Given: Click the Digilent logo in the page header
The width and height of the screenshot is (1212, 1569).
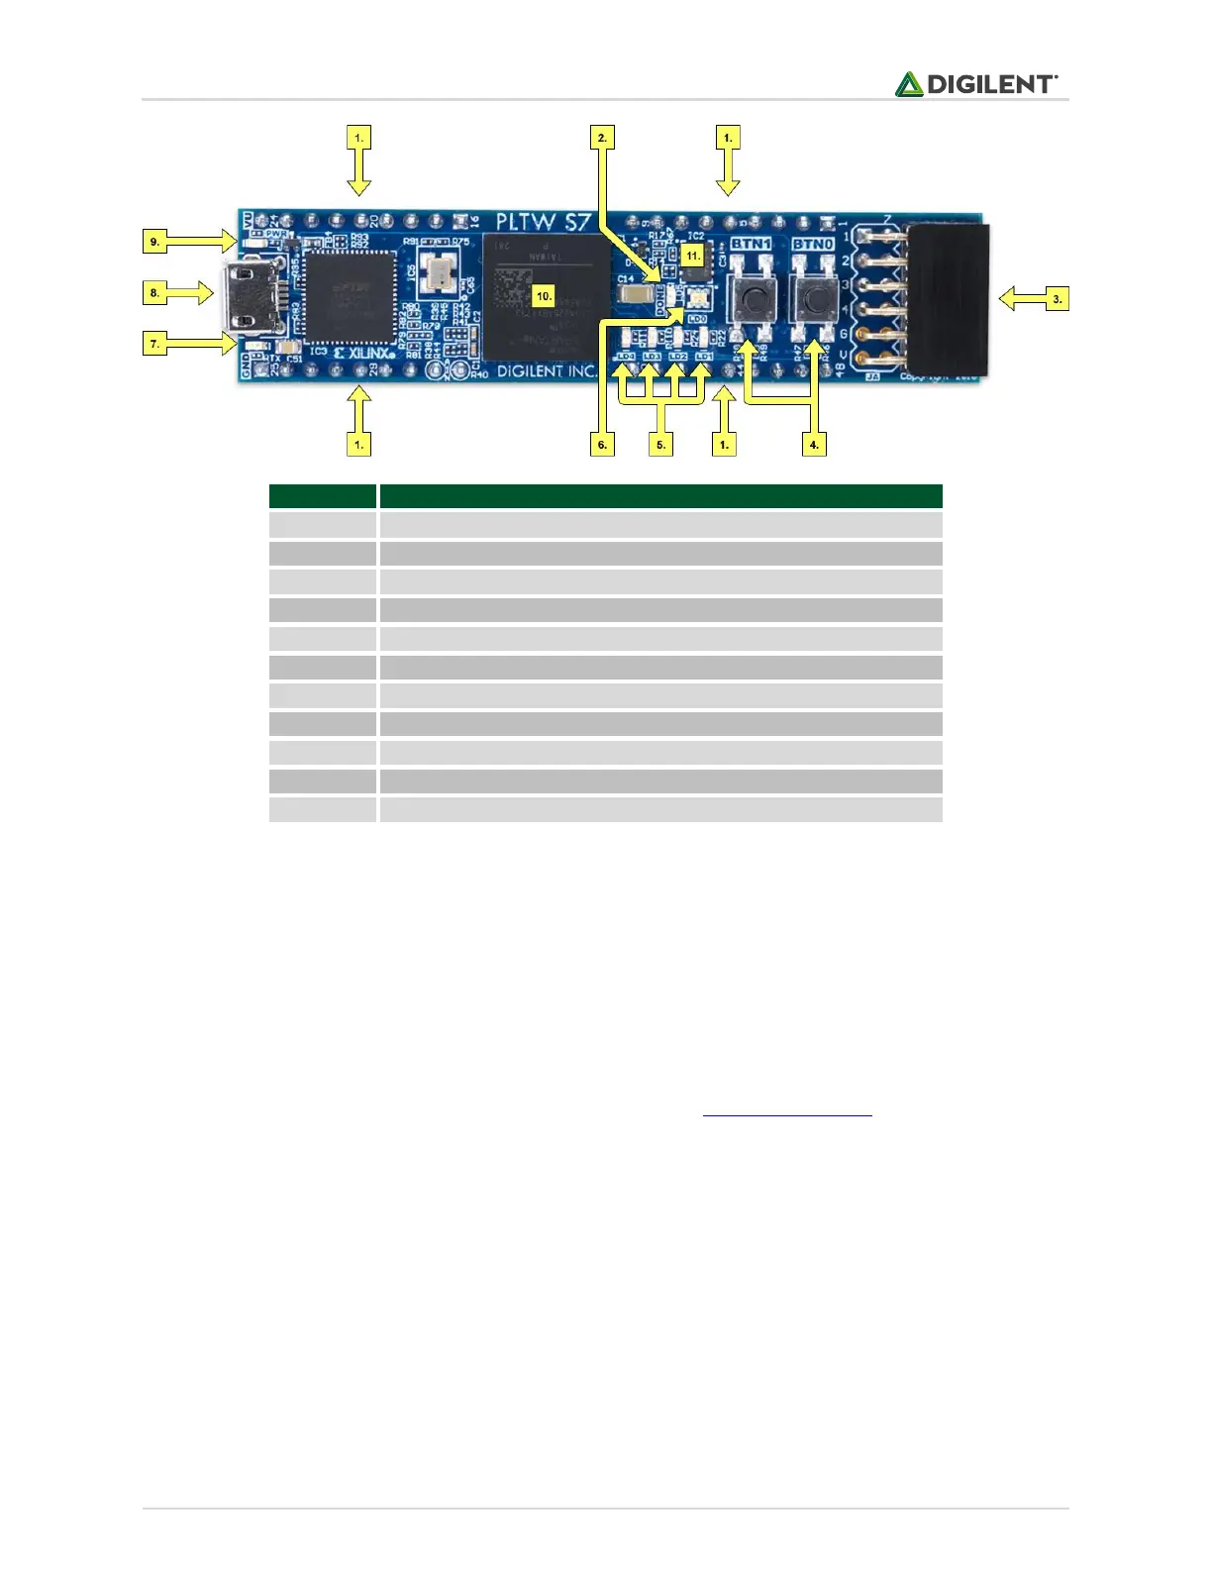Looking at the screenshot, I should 976,84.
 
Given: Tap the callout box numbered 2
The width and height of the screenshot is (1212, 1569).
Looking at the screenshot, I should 602,138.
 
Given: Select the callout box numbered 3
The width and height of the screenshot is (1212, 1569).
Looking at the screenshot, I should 1057,298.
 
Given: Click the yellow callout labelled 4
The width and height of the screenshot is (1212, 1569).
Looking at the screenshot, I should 814,445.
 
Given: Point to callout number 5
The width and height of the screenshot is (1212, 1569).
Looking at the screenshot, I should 661,445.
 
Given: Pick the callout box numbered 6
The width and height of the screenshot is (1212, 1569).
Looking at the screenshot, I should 602,445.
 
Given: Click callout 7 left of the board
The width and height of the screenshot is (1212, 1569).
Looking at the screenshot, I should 154,344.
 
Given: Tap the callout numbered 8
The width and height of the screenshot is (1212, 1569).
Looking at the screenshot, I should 154,292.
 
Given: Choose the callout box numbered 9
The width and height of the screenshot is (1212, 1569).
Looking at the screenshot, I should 154,241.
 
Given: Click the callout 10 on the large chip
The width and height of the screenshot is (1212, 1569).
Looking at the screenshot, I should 544,295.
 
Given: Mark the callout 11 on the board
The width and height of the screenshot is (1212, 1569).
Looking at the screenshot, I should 693,256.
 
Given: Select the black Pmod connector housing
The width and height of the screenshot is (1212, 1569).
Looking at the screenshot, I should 949,299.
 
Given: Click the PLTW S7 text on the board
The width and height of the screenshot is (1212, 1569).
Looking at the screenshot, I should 542,222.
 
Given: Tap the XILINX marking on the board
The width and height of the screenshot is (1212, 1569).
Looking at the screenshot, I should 364,353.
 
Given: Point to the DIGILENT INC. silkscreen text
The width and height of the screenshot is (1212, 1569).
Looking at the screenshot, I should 547,371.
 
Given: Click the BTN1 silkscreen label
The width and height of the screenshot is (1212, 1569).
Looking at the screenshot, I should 751,244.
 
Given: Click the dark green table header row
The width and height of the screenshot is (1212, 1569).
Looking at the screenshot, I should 606,495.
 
